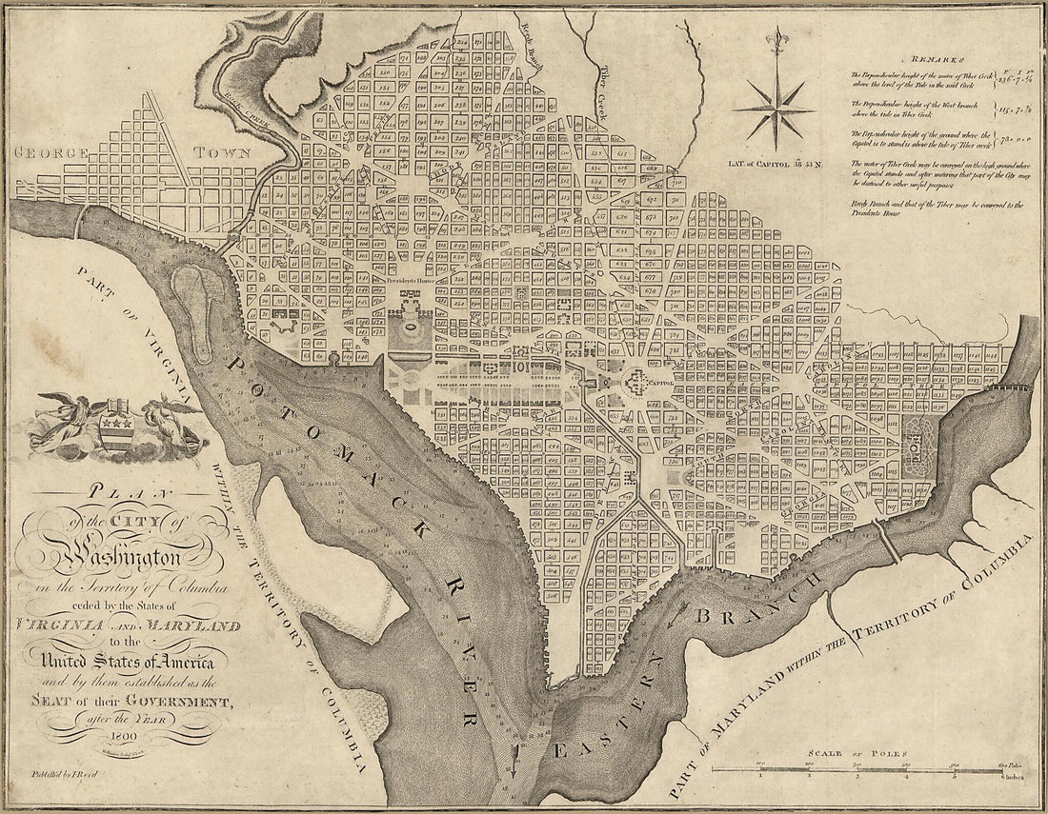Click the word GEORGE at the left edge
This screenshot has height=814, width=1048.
pos(50,153)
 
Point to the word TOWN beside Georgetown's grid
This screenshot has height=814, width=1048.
pos(223,152)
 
